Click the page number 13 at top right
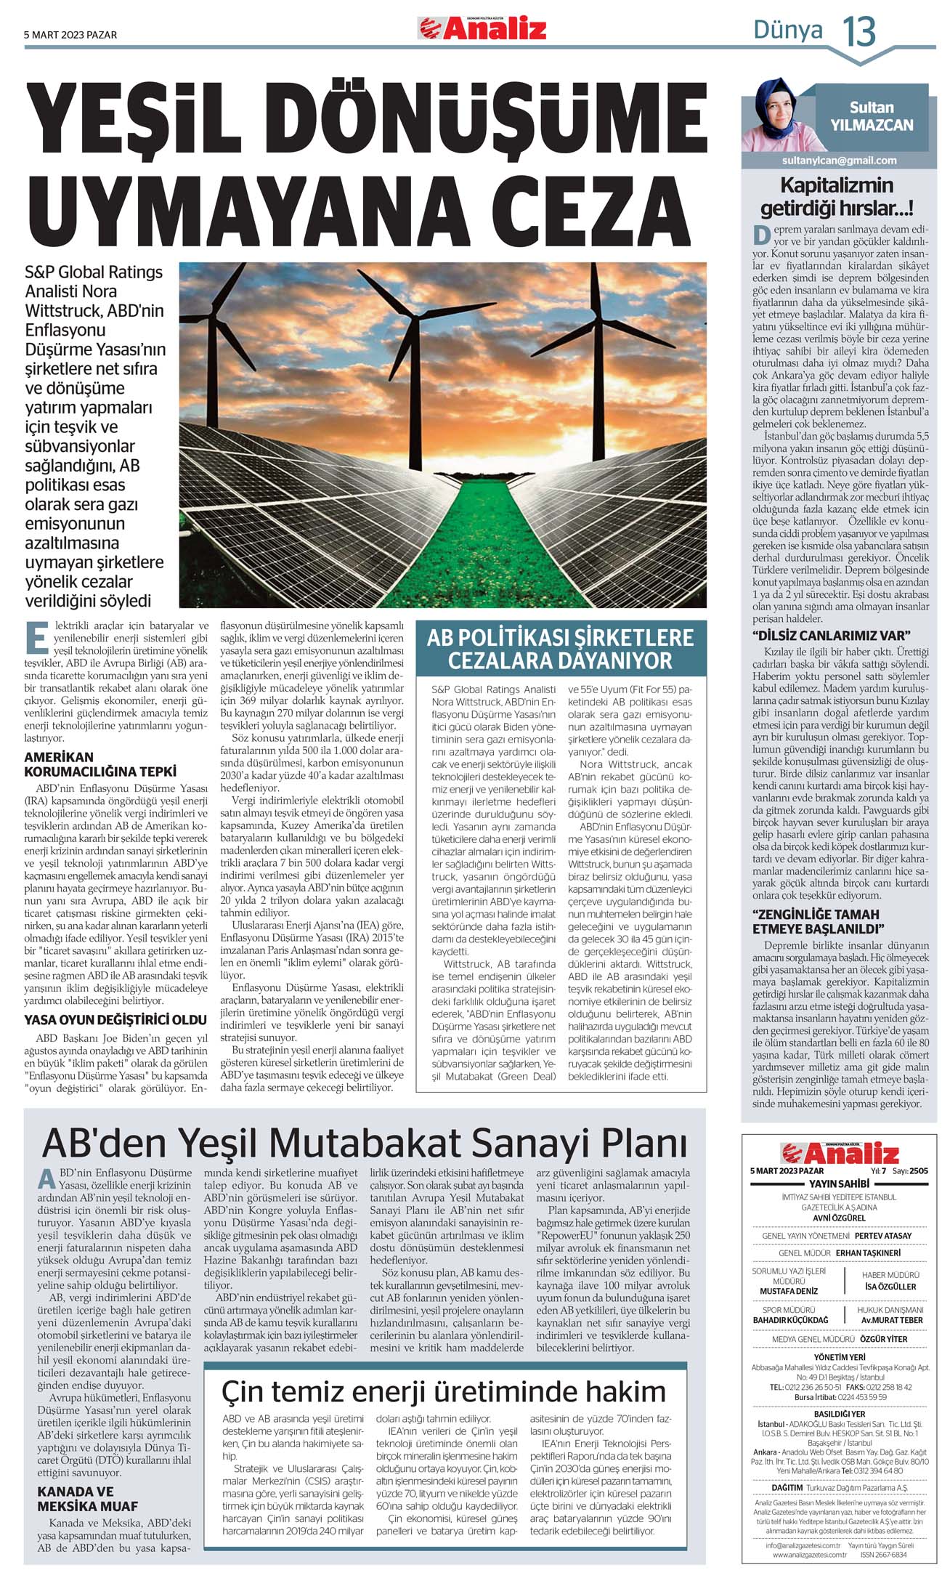[858, 32]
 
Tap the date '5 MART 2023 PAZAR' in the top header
[70, 35]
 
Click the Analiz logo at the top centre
[482, 29]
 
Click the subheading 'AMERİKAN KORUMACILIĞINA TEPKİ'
[100, 764]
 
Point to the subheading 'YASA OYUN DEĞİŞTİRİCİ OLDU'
[115, 1020]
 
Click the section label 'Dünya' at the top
[787, 31]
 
